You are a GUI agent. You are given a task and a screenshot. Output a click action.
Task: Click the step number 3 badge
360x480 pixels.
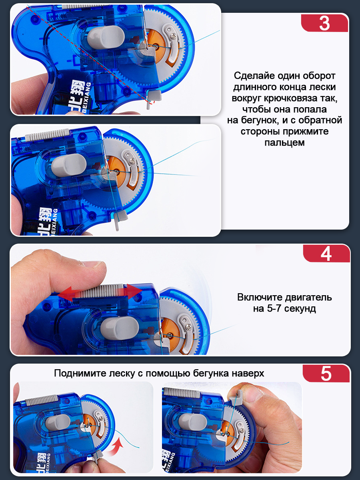point(324,23)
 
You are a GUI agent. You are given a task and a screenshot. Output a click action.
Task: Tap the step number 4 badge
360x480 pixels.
point(326,254)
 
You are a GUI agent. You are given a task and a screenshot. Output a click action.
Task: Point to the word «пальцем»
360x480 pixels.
point(284,142)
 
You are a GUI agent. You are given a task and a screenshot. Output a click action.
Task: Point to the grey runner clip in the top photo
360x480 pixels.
point(154,98)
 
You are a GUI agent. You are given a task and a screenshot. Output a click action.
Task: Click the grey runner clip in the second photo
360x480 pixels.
point(120,219)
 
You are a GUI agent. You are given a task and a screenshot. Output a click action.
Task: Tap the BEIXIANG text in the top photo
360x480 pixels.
point(87,98)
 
